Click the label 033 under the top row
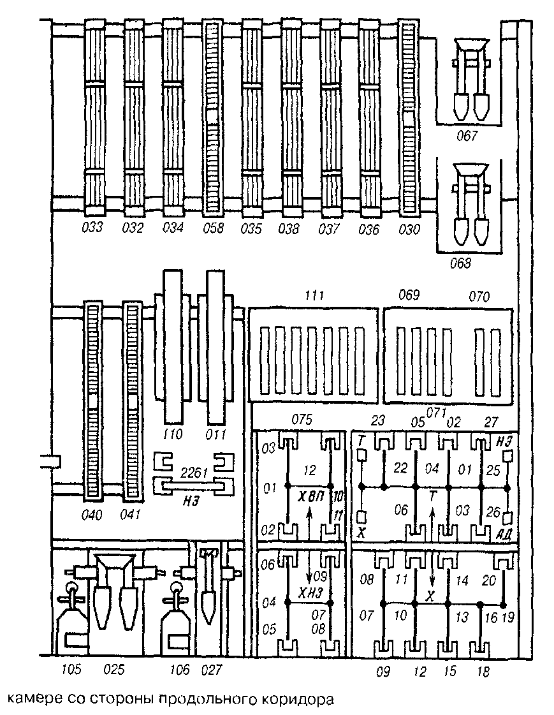point(93,228)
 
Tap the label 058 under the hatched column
point(213,228)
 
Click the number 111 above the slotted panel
point(314,296)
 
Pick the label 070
point(478,296)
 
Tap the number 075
point(301,420)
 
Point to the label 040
point(94,513)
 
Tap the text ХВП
point(311,495)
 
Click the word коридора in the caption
point(299,698)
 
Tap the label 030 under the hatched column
point(408,228)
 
